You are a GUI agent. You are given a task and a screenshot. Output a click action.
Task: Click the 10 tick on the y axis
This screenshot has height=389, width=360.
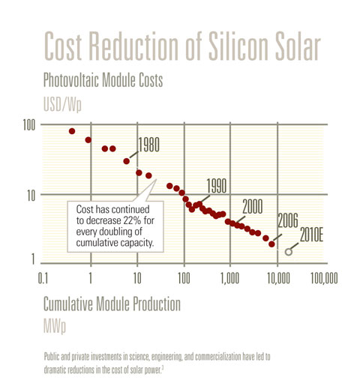[31, 196]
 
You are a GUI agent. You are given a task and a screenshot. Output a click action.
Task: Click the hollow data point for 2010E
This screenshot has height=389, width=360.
[288, 252]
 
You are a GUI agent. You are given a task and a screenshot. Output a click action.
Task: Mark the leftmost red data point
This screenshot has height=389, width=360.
[72, 131]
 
